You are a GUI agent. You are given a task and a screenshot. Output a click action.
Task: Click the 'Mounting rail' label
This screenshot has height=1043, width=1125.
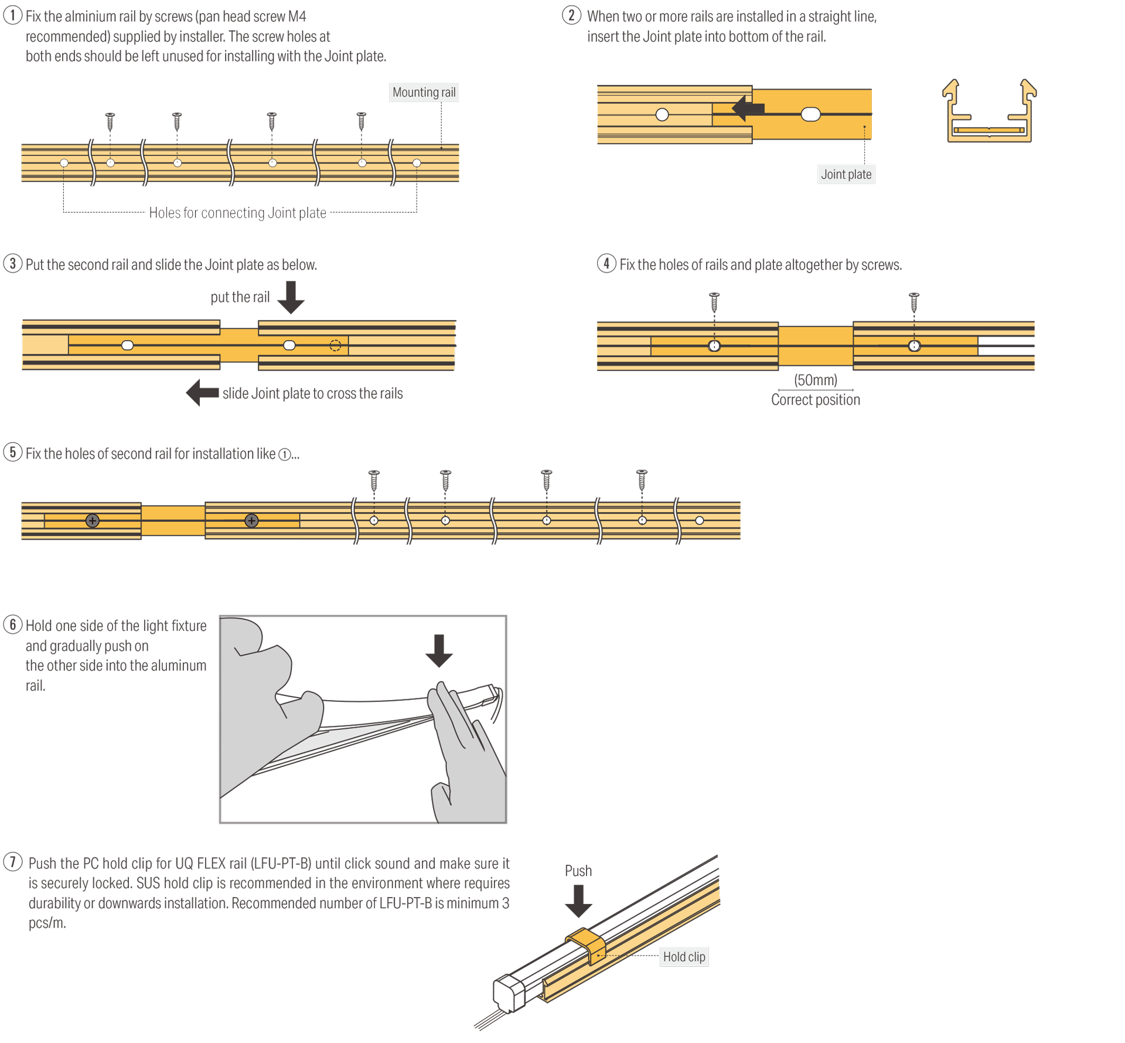[x=424, y=92]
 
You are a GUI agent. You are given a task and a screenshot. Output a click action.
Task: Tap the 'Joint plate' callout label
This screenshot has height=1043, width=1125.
[x=846, y=174]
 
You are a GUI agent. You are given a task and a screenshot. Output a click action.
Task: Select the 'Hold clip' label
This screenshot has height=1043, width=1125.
[x=684, y=956]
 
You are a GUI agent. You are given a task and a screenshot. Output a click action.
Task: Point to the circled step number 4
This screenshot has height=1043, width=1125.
[x=606, y=263]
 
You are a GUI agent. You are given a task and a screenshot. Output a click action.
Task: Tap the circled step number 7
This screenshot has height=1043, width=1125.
[x=13, y=862]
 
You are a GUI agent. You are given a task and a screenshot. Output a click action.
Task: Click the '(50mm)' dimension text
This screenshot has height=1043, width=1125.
[x=815, y=380]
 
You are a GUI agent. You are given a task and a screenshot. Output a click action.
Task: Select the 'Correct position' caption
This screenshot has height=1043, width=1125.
[x=815, y=400]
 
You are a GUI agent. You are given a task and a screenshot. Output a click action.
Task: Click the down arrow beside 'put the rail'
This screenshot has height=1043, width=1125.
[x=291, y=297]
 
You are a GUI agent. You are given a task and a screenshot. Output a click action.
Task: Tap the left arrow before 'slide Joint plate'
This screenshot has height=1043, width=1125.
[x=202, y=393]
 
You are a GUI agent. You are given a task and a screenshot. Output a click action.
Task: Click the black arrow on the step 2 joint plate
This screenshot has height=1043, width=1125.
[x=748, y=108]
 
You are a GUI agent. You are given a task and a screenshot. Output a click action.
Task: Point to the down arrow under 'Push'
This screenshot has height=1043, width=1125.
[x=578, y=901]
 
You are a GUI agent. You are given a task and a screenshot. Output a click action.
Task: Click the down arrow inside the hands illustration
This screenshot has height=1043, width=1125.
[x=439, y=651]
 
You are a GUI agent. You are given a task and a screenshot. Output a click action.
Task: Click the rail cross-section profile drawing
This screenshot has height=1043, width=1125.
[x=989, y=111]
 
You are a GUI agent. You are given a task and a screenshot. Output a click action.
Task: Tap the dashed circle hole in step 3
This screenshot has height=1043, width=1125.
[x=335, y=345]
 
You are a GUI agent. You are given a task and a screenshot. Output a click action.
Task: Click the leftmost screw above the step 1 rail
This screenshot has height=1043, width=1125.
[x=110, y=121]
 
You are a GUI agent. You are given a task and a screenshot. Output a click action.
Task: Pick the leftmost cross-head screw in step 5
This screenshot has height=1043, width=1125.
[x=92, y=521]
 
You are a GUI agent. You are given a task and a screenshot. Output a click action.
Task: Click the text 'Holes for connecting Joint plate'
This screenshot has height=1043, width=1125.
[x=237, y=213]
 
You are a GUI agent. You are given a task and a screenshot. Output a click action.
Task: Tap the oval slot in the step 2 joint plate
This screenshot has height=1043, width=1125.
[x=810, y=114]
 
